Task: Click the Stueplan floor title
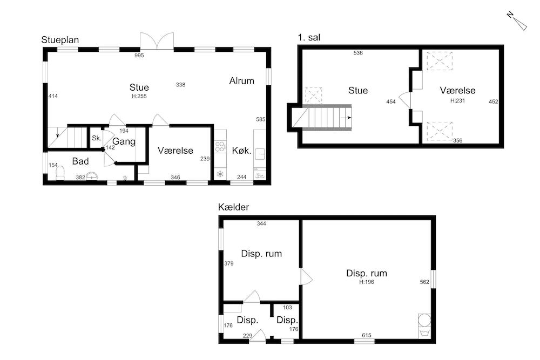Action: coord(60,40)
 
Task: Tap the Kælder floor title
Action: coord(233,207)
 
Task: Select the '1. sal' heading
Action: coord(309,37)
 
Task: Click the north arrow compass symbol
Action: coord(517,22)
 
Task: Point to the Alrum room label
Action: coord(242,81)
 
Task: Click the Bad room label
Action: coord(80,161)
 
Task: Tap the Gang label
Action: coord(124,141)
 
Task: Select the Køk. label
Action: coord(241,151)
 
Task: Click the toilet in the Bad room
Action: coord(60,173)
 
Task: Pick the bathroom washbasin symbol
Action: coord(92,176)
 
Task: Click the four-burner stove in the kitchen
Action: coord(220,147)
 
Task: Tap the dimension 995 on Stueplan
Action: coord(139,56)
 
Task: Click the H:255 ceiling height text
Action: coord(139,97)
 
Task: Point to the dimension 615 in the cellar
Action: coord(367,335)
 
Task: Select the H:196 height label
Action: coord(367,282)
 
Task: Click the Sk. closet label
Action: coord(97,138)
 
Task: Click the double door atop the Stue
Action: coord(157,42)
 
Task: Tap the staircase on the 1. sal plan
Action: coord(322,118)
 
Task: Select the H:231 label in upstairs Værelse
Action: coord(458,101)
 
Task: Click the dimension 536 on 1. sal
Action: coord(358,53)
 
